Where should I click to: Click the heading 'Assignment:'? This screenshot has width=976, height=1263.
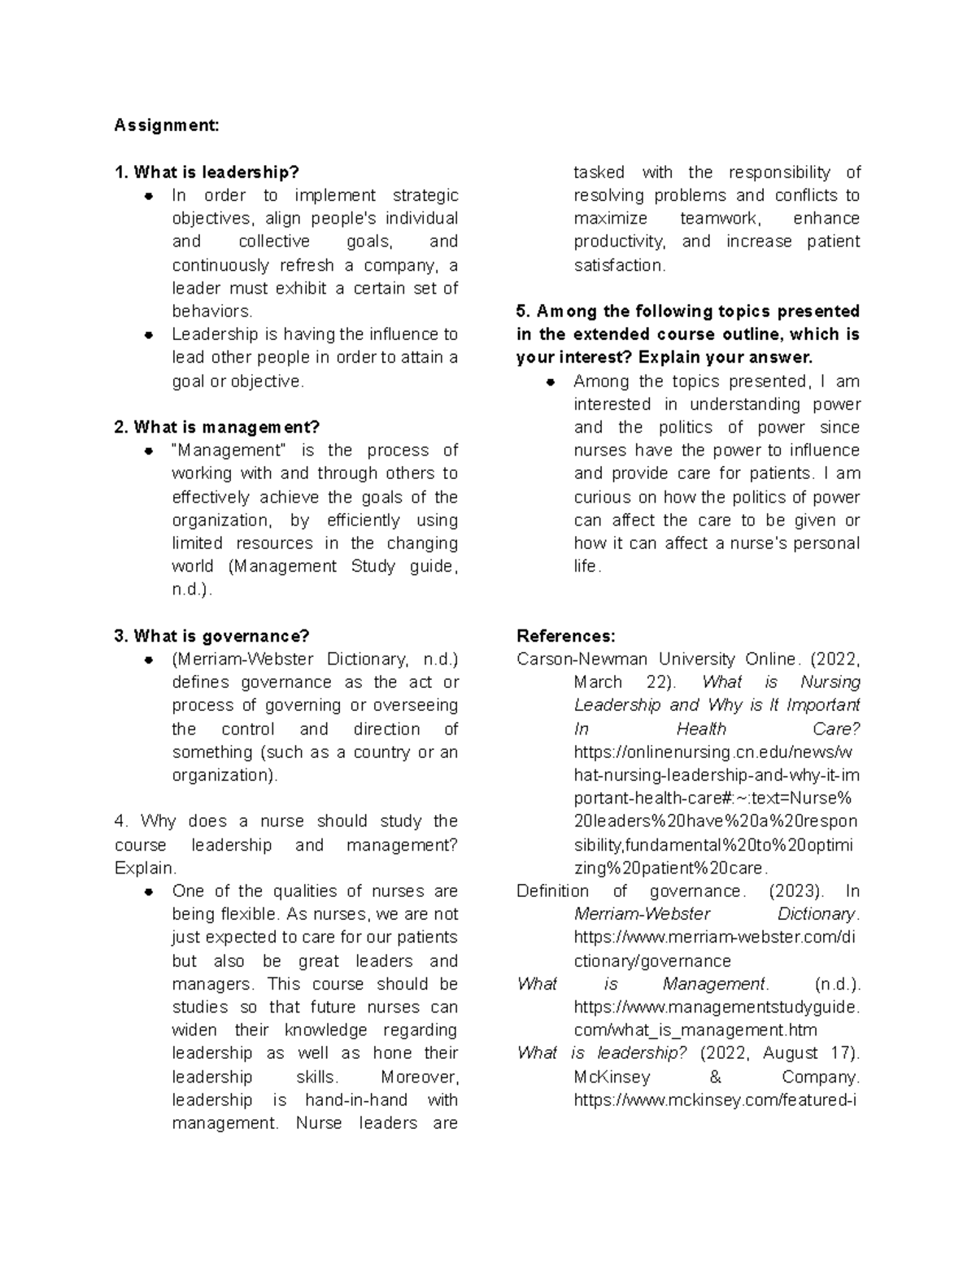[167, 125]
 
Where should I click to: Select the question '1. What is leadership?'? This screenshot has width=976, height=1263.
[207, 172]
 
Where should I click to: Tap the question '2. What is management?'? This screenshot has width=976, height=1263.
[217, 427]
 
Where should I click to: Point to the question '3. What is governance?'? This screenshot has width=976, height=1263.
[212, 636]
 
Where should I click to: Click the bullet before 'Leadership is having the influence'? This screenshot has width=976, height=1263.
[149, 334]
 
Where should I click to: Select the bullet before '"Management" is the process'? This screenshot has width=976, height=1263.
[149, 451]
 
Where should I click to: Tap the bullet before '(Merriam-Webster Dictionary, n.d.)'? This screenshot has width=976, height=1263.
[149, 660]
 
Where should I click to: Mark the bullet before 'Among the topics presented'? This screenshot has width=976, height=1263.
[551, 381]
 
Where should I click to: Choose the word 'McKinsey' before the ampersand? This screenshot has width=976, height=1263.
[612, 1077]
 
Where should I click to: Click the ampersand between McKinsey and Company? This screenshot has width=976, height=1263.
[715, 1077]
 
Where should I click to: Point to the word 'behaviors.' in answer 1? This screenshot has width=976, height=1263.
[212, 311]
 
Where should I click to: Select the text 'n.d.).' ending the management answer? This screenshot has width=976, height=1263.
[192, 590]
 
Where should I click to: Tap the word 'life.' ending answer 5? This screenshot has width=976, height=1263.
[587, 567]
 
